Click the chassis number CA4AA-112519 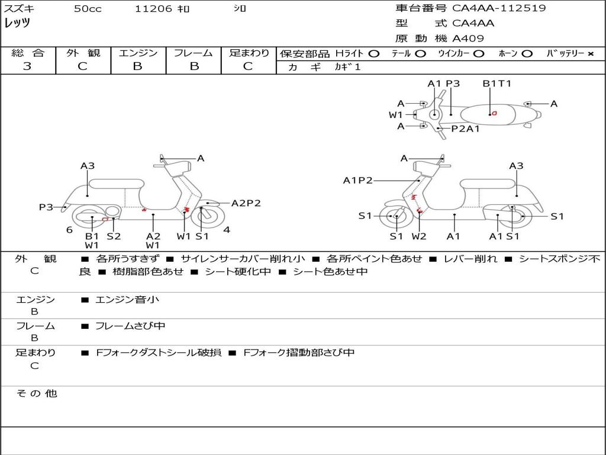pyautogui.click(x=499, y=8)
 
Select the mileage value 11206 pyautogui.click(x=153, y=9)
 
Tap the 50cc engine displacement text pyautogui.click(x=88, y=9)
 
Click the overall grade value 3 pyautogui.click(x=27, y=66)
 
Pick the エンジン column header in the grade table pyautogui.click(x=138, y=53)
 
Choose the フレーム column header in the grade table pyautogui.click(x=193, y=53)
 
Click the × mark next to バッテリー pyautogui.click(x=590, y=54)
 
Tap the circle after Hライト pyautogui.click(x=373, y=54)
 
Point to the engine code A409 pyautogui.click(x=468, y=39)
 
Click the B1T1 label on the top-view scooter pyautogui.click(x=497, y=84)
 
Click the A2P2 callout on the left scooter pyautogui.click(x=246, y=203)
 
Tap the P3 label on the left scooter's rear pyautogui.click(x=46, y=207)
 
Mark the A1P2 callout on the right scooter pyautogui.click(x=357, y=180)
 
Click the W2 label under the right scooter pyautogui.click(x=419, y=236)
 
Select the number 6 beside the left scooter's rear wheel pyautogui.click(x=69, y=230)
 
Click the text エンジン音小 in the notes pyautogui.click(x=127, y=300)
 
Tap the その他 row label pyautogui.click(x=36, y=393)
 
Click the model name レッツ pyautogui.click(x=17, y=24)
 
